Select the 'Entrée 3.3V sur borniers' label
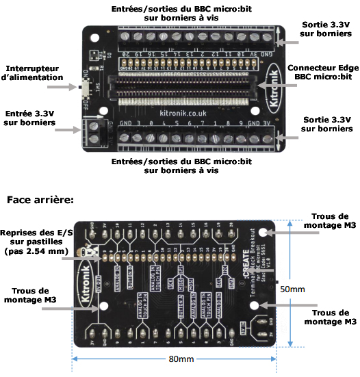[30, 118]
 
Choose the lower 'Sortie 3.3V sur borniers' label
[326, 124]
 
